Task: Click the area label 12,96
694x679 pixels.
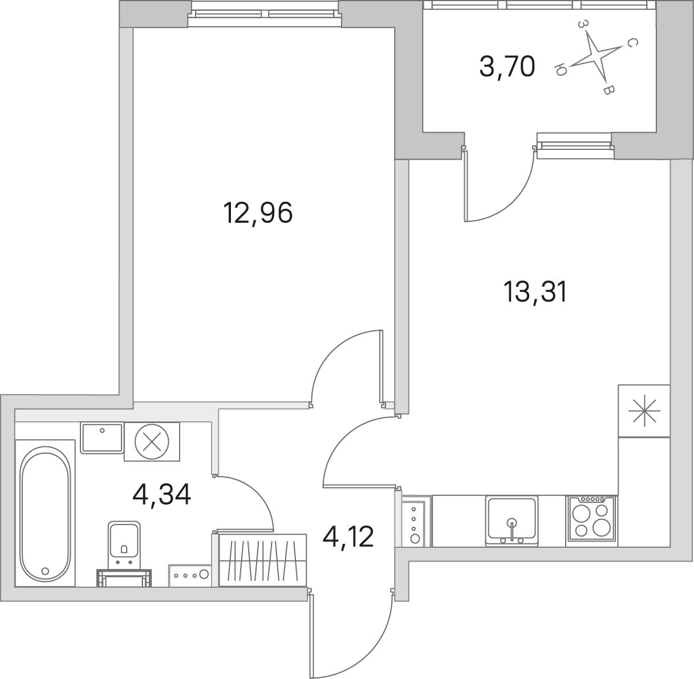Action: click(x=258, y=213)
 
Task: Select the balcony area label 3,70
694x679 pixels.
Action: click(x=507, y=67)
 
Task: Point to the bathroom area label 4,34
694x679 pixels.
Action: click(x=161, y=495)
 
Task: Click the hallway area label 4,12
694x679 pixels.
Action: click(x=348, y=537)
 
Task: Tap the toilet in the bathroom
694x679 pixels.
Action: click(x=124, y=553)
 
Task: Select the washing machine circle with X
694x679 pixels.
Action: click(x=152, y=441)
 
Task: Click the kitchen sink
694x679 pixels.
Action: click(x=512, y=521)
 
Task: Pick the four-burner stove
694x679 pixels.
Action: click(x=591, y=521)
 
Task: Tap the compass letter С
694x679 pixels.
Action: click(x=632, y=43)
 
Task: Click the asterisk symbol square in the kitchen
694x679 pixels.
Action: click(x=644, y=411)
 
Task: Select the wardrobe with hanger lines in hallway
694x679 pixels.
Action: click(x=262, y=560)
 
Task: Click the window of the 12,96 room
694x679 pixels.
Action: click(x=265, y=14)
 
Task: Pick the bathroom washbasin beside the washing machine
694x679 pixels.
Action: click(x=102, y=438)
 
